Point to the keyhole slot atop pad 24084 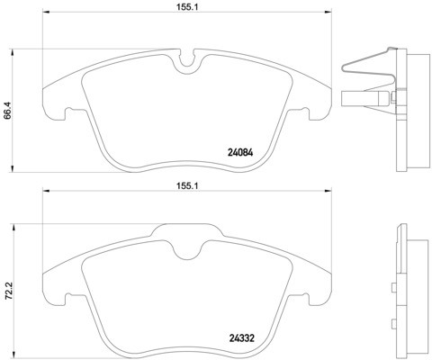click(187, 64)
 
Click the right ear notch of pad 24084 click(307, 112)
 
